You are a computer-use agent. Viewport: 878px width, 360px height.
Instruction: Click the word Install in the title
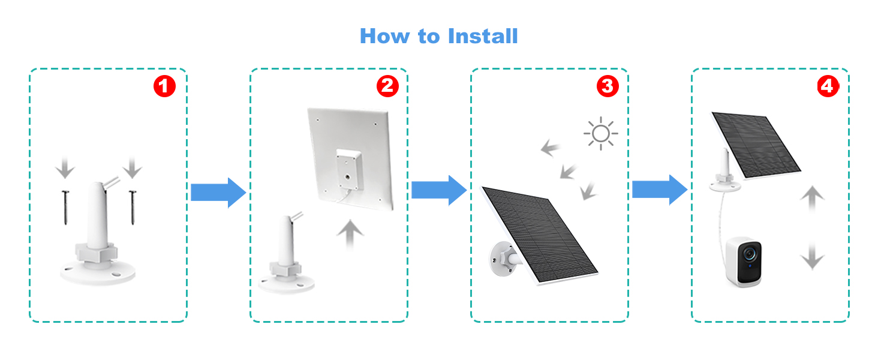(480, 36)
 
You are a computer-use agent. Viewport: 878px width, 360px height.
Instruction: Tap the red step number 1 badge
(164, 86)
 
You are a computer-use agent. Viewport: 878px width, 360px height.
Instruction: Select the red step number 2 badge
(387, 86)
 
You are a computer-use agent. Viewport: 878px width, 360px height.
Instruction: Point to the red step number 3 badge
(607, 86)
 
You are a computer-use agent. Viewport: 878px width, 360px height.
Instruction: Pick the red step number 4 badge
(828, 86)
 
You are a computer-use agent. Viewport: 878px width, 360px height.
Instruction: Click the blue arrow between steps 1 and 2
(218, 192)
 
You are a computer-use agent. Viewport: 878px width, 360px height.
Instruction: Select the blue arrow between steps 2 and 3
(438, 190)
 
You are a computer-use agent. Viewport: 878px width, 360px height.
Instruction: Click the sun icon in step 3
(600, 133)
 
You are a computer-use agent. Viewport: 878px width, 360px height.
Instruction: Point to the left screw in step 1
(65, 207)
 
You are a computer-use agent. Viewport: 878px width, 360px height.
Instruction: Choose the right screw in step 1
(132, 207)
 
